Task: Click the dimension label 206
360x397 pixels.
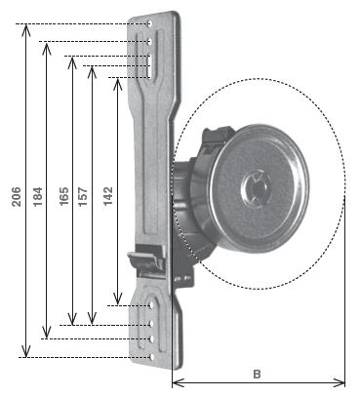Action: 17,196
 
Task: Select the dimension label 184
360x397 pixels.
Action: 38,196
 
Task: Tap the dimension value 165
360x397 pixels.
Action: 64,196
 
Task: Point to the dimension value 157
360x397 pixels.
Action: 83,196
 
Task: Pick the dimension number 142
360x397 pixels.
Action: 108,196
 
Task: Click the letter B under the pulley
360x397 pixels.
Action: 257,375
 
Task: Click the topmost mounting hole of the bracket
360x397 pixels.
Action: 150,23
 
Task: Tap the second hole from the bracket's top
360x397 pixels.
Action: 150,41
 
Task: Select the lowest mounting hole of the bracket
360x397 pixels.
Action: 152,357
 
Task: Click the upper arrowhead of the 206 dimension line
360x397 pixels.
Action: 26,29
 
